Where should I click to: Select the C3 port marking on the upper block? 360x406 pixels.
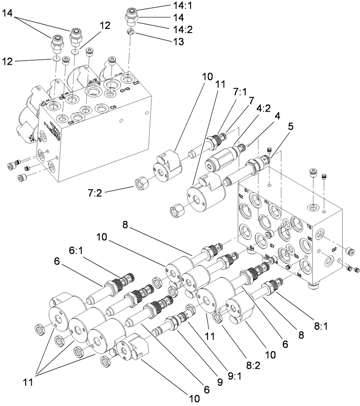(x=71, y=123)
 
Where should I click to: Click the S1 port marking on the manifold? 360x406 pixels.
(x=246, y=190)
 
